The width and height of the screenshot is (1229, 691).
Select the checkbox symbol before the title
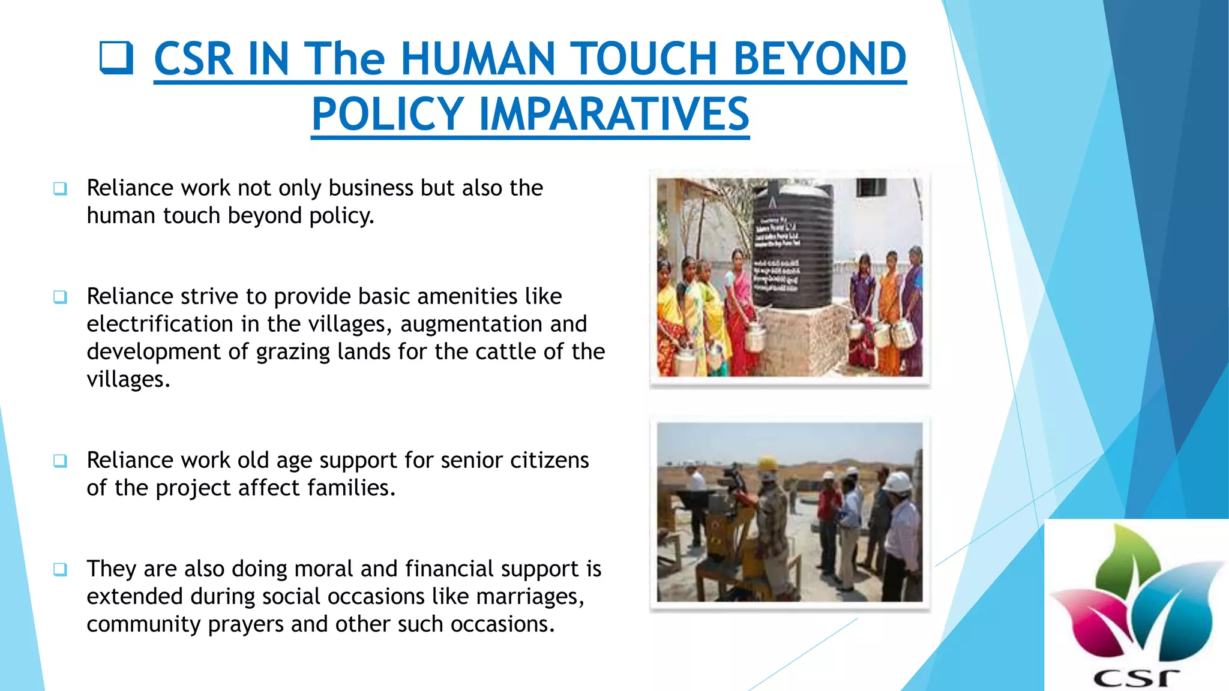coord(116,58)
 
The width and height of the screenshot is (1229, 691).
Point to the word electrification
coord(160,324)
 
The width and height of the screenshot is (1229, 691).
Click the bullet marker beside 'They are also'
coord(60,569)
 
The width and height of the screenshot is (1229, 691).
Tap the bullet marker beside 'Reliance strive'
coord(60,296)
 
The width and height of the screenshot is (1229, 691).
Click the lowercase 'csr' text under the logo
coord(1136,677)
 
